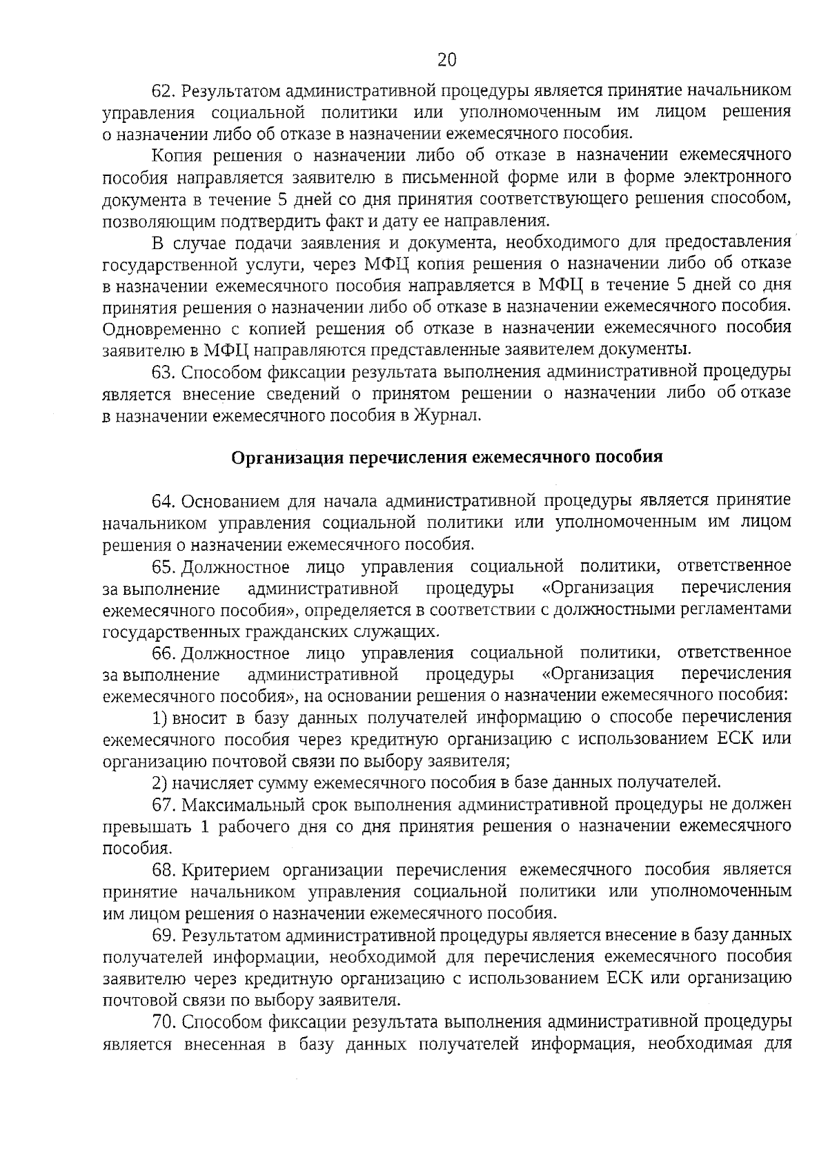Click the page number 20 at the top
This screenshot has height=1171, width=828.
pos(447,60)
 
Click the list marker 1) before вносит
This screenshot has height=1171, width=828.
pos(159,718)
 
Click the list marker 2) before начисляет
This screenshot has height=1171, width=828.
pos(159,783)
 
